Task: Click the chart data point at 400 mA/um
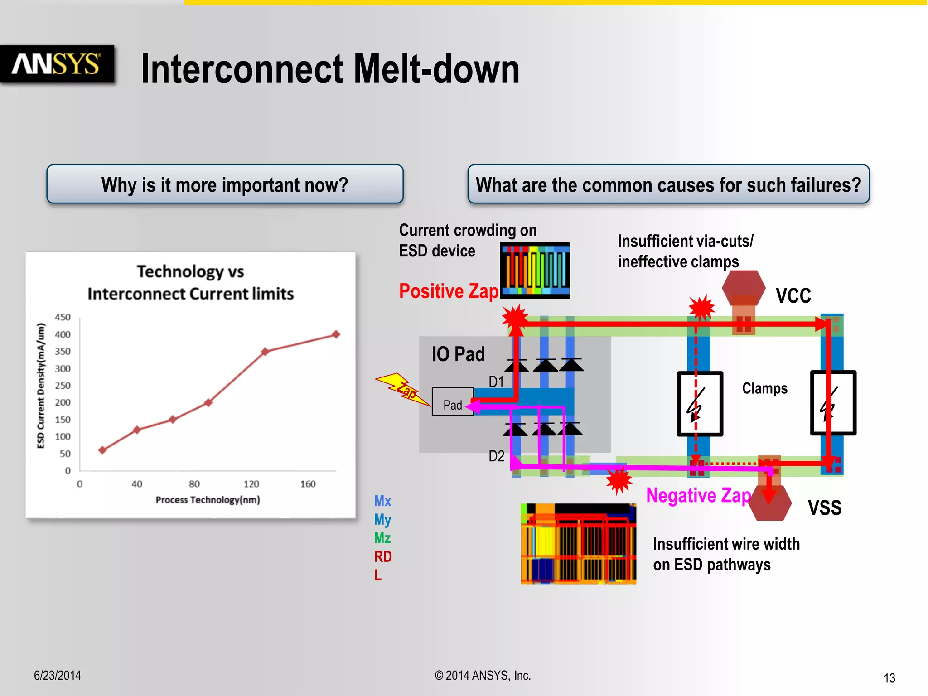coord(336,334)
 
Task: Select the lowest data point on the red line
coord(102,450)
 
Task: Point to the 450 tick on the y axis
coord(63,317)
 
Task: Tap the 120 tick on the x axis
coord(251,484)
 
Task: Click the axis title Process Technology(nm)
coord(208,500)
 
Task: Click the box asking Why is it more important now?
coord(225,184)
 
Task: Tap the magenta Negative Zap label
coord(698,495)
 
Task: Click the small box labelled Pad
coord(452,402)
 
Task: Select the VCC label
coord(793,296)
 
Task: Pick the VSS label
coord(824,507)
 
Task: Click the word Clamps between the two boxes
coord(764,388)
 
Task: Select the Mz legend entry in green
coord(382,538)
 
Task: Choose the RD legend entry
coord(382,556)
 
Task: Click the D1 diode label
coord(496,382)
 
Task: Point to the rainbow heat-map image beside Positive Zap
coord(535,270)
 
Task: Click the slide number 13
coord(889,678)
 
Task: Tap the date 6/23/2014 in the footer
coord(58,675)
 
